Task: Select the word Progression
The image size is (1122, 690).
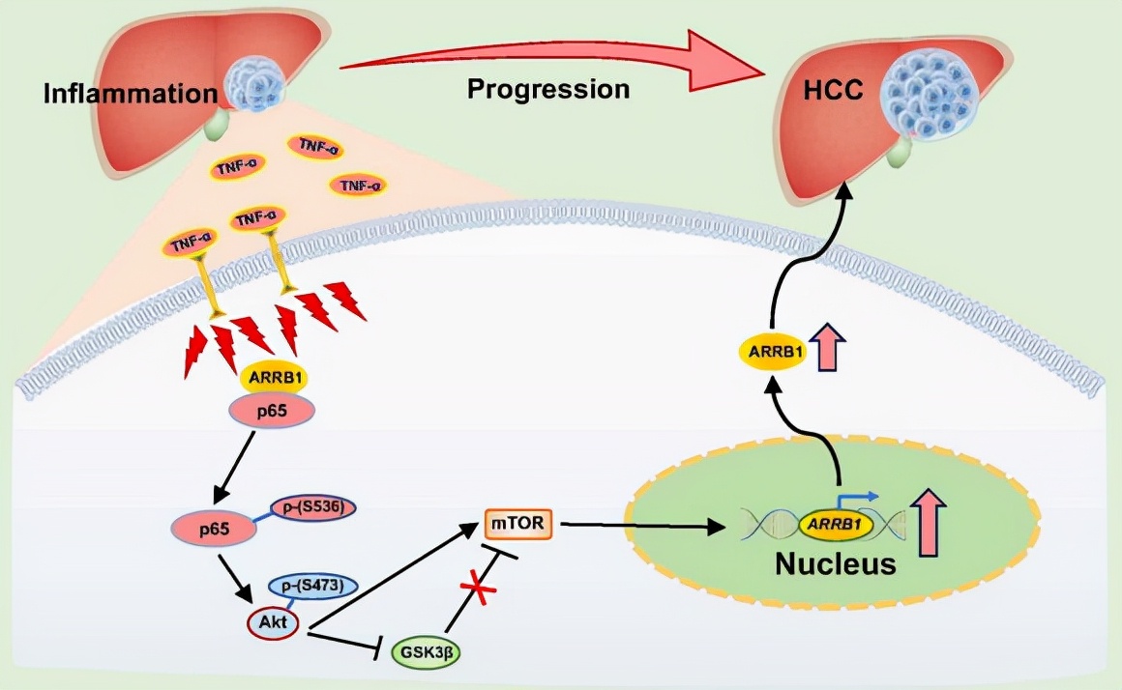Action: (x=548, y=90)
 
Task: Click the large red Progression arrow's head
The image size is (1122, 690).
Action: (x=735, y=63)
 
